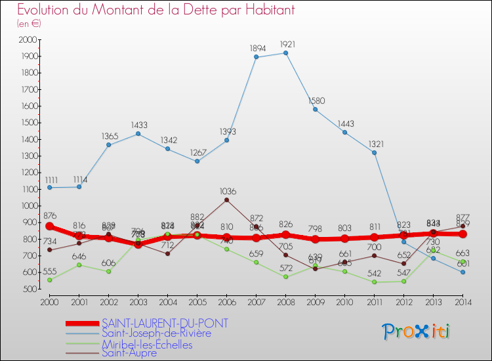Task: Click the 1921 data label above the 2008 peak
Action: coord(285,45)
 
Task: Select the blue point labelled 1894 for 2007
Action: coord(256,57)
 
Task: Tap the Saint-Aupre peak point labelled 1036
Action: coord(226,200)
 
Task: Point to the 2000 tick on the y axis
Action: coord(29,40)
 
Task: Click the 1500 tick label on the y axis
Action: coord(29,123)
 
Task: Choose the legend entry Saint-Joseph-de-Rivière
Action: coord(156,333)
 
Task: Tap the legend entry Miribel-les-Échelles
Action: coord(147,345)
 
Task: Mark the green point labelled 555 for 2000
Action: coord(49,280)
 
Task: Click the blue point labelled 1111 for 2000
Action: coord(49,188)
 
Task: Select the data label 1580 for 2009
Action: coord(315,101)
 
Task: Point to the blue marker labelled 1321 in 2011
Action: coord(374,153)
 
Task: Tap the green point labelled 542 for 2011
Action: coord(374,282)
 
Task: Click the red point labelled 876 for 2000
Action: coord(49,226)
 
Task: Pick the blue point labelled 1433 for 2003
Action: coord(138,134)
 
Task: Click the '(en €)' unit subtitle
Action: coord(30,23)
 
